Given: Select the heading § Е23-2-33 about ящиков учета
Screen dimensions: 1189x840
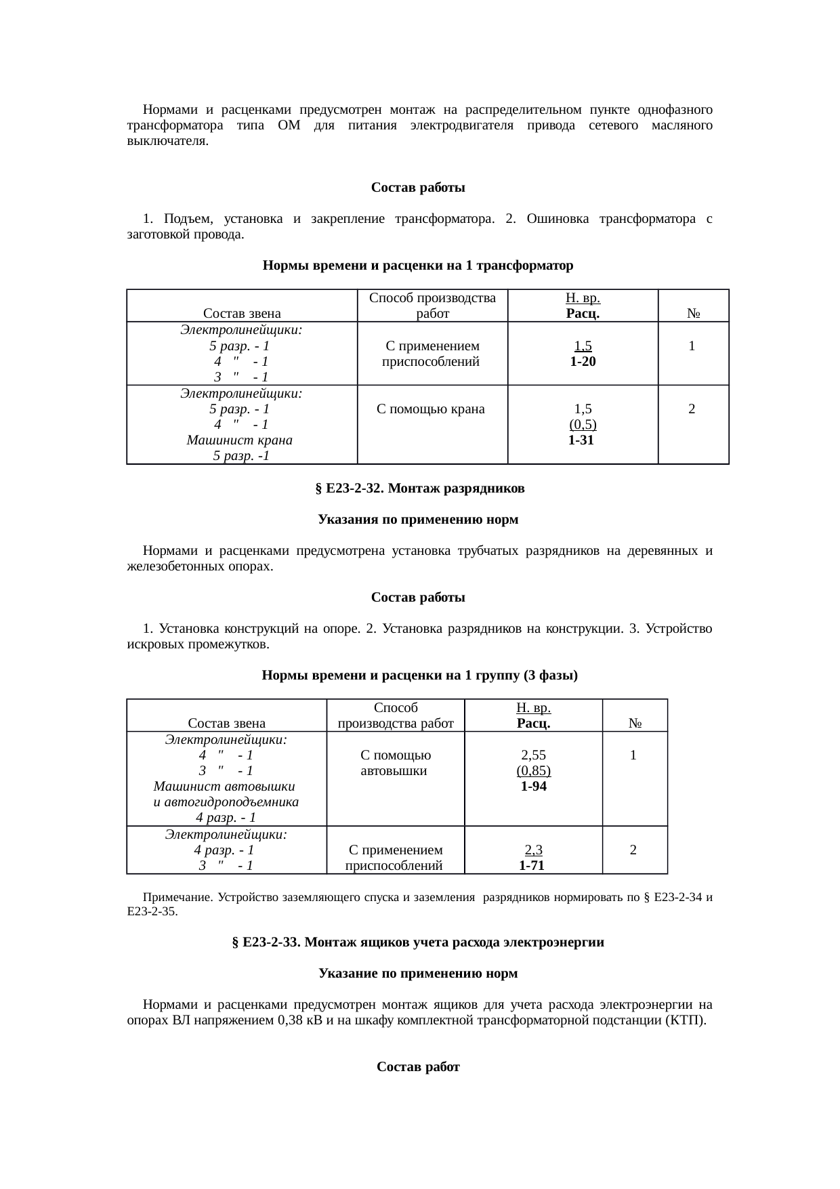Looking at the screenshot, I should (x=418, y=942).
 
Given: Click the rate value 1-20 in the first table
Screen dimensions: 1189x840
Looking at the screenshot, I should (x=583, y=362).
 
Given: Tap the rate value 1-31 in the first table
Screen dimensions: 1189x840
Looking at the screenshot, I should (x=581, y=440).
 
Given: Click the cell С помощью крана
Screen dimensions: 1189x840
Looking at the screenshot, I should (x=431, y=409).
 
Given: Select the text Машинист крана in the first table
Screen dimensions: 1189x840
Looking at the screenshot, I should (x=239, y=440).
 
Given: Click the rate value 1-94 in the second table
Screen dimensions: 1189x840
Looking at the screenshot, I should (x=533, y=787).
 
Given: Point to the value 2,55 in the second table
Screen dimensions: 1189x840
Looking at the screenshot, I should (x=533, y=755).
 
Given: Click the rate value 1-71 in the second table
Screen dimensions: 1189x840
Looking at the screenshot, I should (x=532, y=866).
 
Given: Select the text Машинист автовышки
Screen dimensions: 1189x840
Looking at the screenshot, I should (x=224, y=787).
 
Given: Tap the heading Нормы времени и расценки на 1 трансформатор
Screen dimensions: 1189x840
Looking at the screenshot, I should (x=417, y=266).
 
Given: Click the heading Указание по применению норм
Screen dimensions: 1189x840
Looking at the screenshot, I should (x=418, y=974).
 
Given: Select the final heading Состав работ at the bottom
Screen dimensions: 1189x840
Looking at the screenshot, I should (x=418, y=1068).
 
